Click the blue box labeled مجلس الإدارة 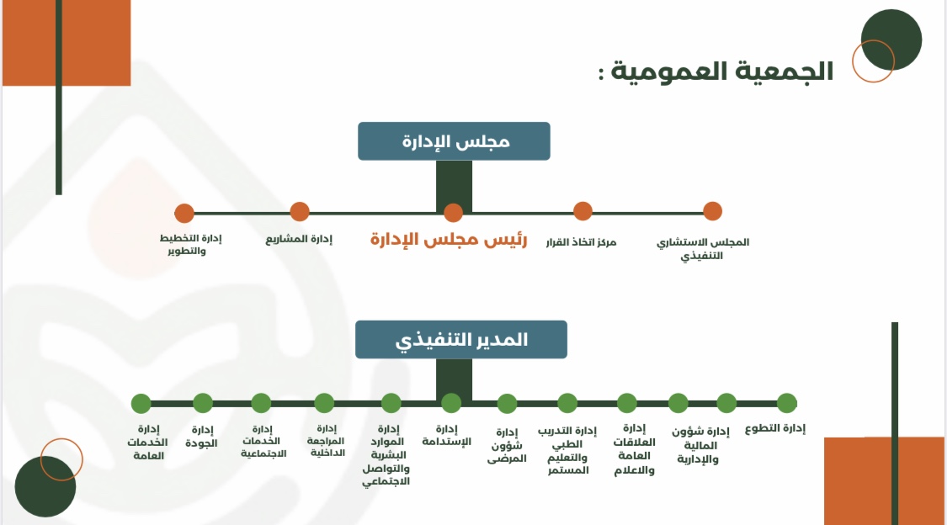(x=454, y=141)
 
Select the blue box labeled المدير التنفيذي (x=460, y=340)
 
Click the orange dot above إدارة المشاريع (x=300, y=212)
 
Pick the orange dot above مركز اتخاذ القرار (x=583, y=211)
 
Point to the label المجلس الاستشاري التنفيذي (x=702, y=249)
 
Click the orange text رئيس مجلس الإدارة (x=449, y=240)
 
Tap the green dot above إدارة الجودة (x=203, y=403)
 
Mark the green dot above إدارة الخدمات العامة (x=141, y=404)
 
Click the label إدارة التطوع (x=775, y=428)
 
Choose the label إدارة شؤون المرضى (x=507, y=445)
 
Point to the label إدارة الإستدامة (x=446, y=435)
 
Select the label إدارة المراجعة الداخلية (x=326, y=440)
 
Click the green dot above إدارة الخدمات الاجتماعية (x=262, y=403)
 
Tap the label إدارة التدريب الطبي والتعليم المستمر (x=567, y=450)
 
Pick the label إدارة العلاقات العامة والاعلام (x=634, y=449)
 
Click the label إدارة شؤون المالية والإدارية (x=700, y=445)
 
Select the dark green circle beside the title (x=891, y=40)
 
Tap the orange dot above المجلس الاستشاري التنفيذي (x=713, y=211)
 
